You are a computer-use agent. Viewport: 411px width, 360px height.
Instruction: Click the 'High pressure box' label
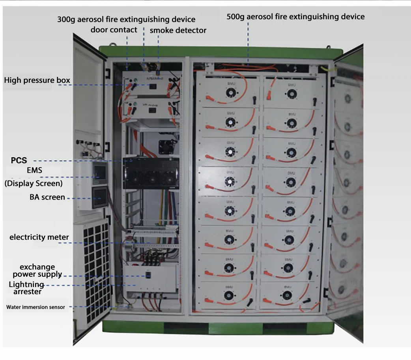37,80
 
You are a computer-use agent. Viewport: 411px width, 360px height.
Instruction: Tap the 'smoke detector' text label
178,30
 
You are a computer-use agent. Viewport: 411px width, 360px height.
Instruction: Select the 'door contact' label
114,30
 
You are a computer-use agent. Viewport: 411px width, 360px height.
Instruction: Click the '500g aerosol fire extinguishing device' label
295,17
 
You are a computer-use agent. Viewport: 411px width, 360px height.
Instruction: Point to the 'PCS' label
19,160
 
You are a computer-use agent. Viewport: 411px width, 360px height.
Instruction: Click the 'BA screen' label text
47,197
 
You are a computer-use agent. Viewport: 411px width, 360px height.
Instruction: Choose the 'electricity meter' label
39,237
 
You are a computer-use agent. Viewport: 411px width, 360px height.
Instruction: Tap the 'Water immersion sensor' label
35,307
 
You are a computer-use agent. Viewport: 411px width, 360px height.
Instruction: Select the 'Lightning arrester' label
26,288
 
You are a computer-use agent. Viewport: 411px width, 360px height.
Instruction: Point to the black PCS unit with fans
151,173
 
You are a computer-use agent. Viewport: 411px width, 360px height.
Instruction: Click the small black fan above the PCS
165,147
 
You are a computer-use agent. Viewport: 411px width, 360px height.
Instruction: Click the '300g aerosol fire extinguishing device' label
126,19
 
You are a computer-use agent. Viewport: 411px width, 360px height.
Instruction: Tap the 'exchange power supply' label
37,270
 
